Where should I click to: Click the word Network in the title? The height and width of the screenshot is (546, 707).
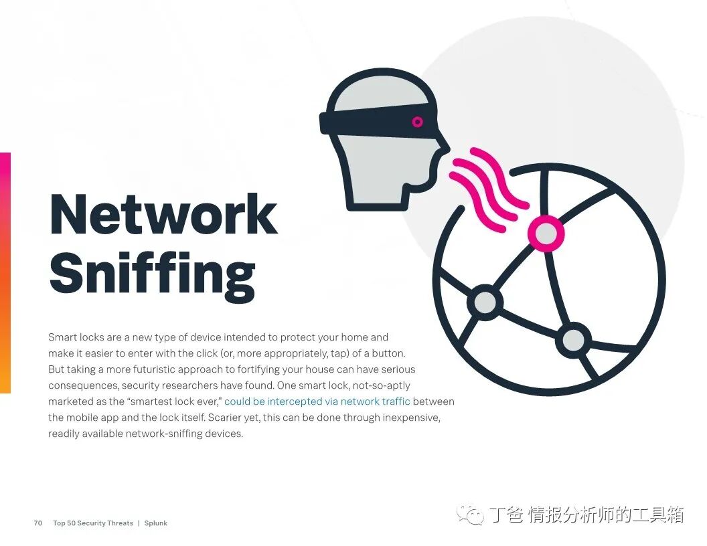(163, 213)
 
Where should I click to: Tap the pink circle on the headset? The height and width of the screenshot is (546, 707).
(417, 122)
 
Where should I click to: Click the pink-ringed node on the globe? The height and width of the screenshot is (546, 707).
(546, 233)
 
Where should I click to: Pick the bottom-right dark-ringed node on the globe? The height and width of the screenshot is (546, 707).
(573, 340)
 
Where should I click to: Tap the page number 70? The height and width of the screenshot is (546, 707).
(38, 523)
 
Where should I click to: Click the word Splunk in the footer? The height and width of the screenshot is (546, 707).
(155, 523)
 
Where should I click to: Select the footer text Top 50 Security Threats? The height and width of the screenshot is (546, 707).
(93, 523)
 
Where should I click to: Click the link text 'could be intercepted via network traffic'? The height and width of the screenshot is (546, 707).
(317, 401)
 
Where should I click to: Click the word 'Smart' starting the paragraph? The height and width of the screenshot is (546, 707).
(61, 337)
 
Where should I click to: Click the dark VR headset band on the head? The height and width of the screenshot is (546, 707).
(375, 121)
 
